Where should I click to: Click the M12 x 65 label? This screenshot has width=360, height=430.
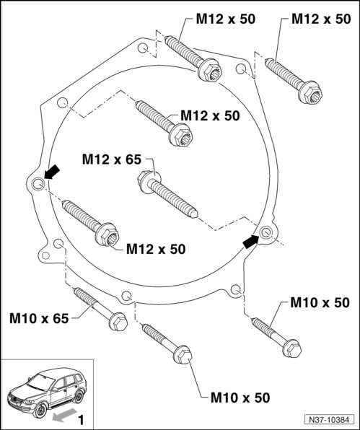pos(112,159)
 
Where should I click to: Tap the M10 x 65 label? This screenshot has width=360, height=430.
pos(39,318)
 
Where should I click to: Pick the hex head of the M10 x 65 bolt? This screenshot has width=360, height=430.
pos(118,321)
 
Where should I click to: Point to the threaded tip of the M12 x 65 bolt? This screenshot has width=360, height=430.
pos(195,213)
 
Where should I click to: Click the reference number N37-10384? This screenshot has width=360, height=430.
pos(329,420)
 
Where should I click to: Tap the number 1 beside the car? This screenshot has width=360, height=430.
pos(81,420)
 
